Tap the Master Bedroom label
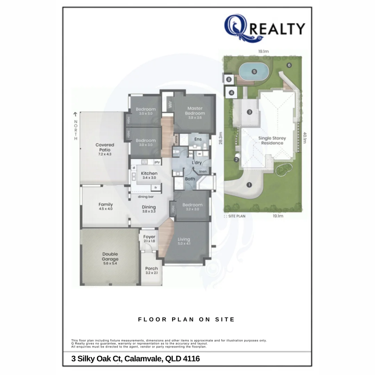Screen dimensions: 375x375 [x=195, y=111]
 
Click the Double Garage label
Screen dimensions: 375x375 [x=110, y=259]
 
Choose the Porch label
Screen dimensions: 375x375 [x=151, y=270]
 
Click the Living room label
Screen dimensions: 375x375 [x=184, y=241]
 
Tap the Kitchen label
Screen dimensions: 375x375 [x=149, y=175]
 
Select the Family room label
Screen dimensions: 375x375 [x=106, y=207]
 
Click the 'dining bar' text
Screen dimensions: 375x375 [x=146, y=197]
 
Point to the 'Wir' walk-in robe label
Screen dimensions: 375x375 [x=170, y=104]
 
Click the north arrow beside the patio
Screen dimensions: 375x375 [x=75, y=114]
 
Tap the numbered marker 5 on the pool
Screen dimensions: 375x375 [x=255, y=72]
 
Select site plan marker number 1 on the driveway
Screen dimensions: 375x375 [x=249, y=185]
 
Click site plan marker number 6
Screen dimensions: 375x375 [x=289, y=65]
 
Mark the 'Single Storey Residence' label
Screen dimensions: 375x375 [x=272, y=140]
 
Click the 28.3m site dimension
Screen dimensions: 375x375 [x=221, y=137]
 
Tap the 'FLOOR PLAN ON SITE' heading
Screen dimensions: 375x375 [x=186, y=319]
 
